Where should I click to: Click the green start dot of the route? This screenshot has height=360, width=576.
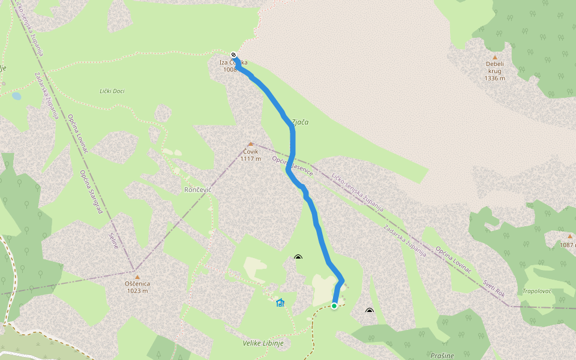point(334,306)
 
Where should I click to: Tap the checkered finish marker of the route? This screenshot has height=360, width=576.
point(234,55)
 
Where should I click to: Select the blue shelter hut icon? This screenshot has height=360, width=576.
point(280,302)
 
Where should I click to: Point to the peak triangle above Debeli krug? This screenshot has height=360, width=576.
point(495,57)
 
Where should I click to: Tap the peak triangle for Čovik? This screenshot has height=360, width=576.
point(251,144)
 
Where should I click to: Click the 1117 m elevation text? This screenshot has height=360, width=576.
point(251,158)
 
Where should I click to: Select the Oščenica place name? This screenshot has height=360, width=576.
point(137,284)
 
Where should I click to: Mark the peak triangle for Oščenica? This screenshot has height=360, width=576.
point(137,277)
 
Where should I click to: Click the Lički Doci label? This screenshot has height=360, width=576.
point(112,91)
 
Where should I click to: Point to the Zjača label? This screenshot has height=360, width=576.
point(300,122)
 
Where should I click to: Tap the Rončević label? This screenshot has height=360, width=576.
point(198,189)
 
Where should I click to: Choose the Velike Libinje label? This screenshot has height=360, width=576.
point(263,343)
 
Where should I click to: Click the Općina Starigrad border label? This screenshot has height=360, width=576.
point(92,192)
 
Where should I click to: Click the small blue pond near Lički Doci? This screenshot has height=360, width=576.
point(16,95)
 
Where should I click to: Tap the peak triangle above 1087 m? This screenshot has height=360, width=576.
point(570,236)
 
